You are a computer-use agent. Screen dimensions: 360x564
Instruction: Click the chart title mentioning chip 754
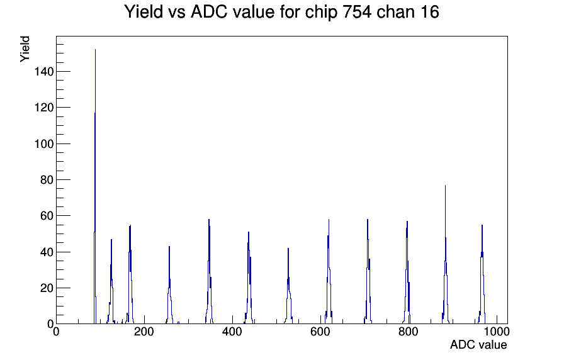click(281, 12)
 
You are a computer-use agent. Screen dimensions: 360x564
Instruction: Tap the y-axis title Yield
click(25, 48)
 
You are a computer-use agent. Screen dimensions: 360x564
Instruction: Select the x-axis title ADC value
click(478, 345)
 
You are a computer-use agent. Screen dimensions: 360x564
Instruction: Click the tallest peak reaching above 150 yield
click(95, 50)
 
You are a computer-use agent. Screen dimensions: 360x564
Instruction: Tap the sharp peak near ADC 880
click(445, 186)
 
